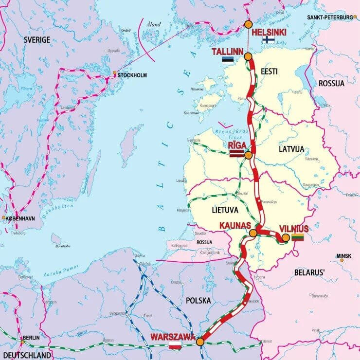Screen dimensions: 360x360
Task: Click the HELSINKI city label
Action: point(270,33)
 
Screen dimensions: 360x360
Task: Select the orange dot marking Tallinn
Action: point(248,56)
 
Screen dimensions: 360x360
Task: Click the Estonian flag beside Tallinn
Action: point(227,60)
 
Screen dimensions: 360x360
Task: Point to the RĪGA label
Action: point(236,145)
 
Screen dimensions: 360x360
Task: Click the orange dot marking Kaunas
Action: point(253,234)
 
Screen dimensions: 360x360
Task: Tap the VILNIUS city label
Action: point(294,229)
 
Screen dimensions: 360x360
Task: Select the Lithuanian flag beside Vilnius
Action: point(297,237)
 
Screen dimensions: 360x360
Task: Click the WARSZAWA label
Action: point(173,337)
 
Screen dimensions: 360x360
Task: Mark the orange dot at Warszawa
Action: point(200,342)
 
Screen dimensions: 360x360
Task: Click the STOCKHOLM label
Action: point(132,75)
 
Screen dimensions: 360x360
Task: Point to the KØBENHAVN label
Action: point(20,219)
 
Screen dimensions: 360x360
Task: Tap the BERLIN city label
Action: point(30,338)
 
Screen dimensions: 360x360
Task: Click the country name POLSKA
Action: point(198,301)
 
